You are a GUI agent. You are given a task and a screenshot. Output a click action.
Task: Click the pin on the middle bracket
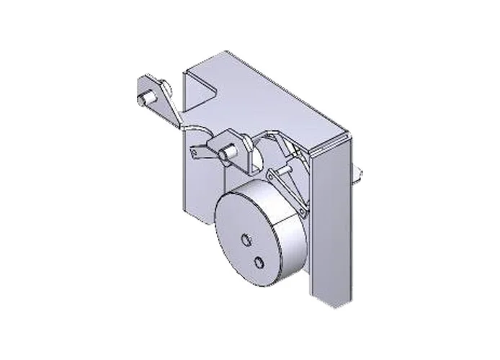pos(229,150)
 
